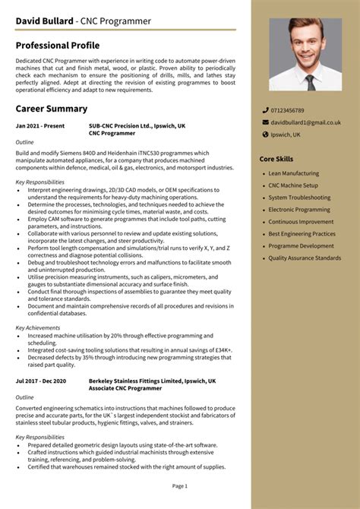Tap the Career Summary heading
[x=52, y=109]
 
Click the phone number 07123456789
[x=288, y=111]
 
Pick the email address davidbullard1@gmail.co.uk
[x=305, y=122]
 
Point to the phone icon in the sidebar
[x=265, y=111]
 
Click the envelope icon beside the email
[x=265, y=122]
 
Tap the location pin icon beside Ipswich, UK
[x=265, y=134]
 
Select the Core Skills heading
[x=276, y=159]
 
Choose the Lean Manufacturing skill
[x=293, y=173]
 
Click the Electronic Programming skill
[x=298, y=210]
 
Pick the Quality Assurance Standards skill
[x=305, y=258]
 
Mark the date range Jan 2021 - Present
[x=39, y=125]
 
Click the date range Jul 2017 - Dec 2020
[x=41, y=381]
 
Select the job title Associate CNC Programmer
[x=125, y=388]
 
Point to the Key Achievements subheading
[x=39, y=327]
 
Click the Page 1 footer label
[x=180, y=485]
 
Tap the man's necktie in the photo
[x=310, y=81]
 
